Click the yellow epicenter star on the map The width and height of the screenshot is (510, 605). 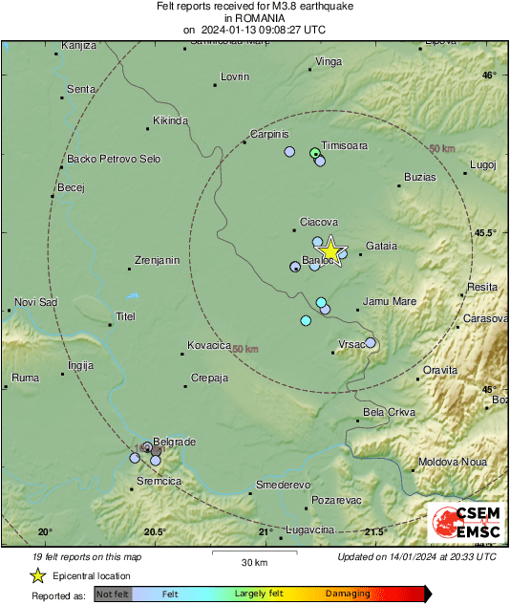pyautogui.click(x=329, y=250)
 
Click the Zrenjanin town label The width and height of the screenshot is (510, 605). pyautogui.click(x=157, y=260)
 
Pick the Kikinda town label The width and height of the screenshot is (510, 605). pyautogui.click(x=171, y=121)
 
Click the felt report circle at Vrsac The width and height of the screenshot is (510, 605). pyautogui.click(x=371, y=343)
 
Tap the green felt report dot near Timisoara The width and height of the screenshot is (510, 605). pyautogui.click(x=315, y=152)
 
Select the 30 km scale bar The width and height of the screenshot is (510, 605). pyautogui.click(x=254, y=553)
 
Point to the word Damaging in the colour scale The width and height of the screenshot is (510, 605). pyautogui.click(x=348, y=594)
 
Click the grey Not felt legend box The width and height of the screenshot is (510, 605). pyautogui.click(x=112, y=594)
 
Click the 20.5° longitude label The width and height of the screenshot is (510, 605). pyautogui.click(x=155, y=531)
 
